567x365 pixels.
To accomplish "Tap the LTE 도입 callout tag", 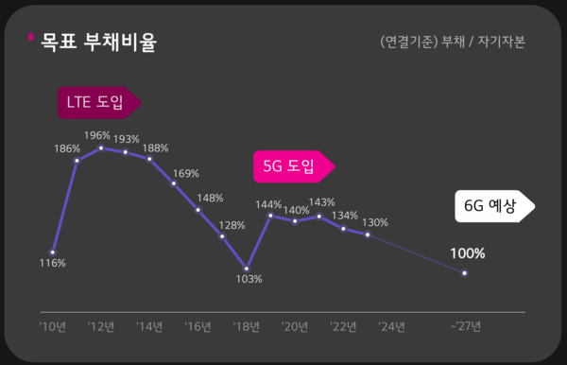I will [x=97, y=102].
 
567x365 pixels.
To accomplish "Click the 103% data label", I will [x=248, y=279].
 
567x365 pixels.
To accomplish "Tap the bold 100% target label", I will [x=467, y=253].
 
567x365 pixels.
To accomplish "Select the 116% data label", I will [x=53, y=263].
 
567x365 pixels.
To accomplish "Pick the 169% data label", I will [x=186, y=173].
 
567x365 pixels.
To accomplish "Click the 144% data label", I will [x=269, y=204].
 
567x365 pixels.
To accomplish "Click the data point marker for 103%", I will [x=247, y=267].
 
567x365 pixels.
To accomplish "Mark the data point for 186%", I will [x=77, y=161].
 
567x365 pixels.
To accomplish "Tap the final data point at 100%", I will [x=464, y=273].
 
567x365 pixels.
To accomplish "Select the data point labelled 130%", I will [x=368, y=234].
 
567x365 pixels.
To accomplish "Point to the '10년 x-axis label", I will [x=52, y=327].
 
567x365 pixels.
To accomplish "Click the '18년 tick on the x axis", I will [x=247, y=327].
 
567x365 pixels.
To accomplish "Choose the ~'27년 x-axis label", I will [x=464, y=327].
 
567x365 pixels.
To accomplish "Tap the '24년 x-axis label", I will [x=391, y=327].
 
